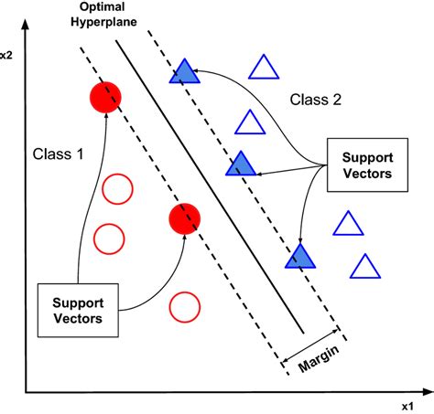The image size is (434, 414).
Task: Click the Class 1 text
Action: pyautogui.click(x=58, y=154)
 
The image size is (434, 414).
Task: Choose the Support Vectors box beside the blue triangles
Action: pyautogui.click(x=363, y=164)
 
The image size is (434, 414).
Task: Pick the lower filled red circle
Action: pyautogui.click(x=184, y=219)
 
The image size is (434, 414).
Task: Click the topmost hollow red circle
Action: pyautogui.click(x=116, y=190)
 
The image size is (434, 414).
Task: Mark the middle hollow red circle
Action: pyautogui.click(x=109, y=239)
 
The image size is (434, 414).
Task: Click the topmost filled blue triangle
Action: pyautogui.click(x=183, y=73)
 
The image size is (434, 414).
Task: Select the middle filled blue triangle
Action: pyautogui.click(x=241, y=165)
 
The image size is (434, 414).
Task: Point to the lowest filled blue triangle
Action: pyautogui.click(x=299, y=257)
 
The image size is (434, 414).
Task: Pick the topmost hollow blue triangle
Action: pyautogui.click(x=264, y=69)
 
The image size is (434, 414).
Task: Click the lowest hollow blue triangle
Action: pyautogui.click(x=365, y=267)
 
